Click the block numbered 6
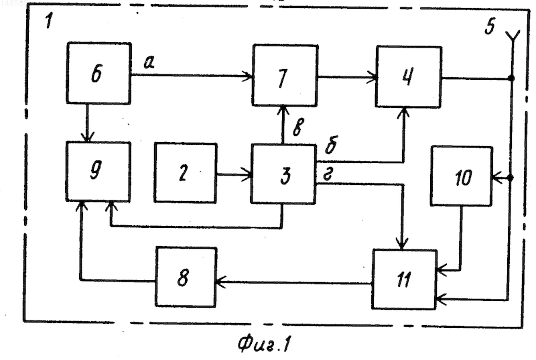pyautogui.click(x=98, y=73)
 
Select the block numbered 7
pyautogui.click(x=285, y=76)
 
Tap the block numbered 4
pyautogui.click(x=409, y=77)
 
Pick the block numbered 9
pyautogui.click(x=98, y=171)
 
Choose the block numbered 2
pyautogui.click(x=186, y=173)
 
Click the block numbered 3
pyautogui.click(x=283, y=174)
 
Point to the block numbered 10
pyautogui.click(x=462, y=176)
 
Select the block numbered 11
pyautogui.click(x=405, y=280)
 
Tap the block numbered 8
pyautogui.click(x=186, y=277)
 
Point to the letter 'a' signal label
pyautogui.click(x=149, y=62)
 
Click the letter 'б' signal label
pyautogui.click(x=331, y=145)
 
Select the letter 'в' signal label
pyautogui.click(x=298, y=127)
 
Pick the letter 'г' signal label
pyautogui.click(x=328, y=175)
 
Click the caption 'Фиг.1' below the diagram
pyautogui.click(x=264, y=344)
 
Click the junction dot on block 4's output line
pyautogui.click(x=511, y=78)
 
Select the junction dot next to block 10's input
pyautogui.click(x=511, y=178)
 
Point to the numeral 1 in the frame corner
pyautogui.click(x=49, y=21)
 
